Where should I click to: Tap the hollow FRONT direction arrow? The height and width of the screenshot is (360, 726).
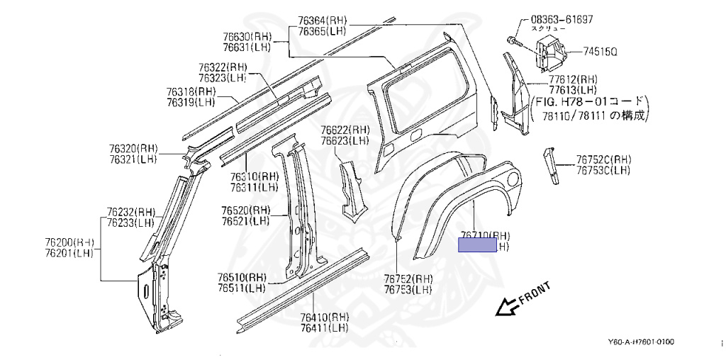506,306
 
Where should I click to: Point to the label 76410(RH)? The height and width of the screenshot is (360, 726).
324,317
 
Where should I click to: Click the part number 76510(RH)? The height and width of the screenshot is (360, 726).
242,278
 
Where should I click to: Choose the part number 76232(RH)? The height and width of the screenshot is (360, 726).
131,211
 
